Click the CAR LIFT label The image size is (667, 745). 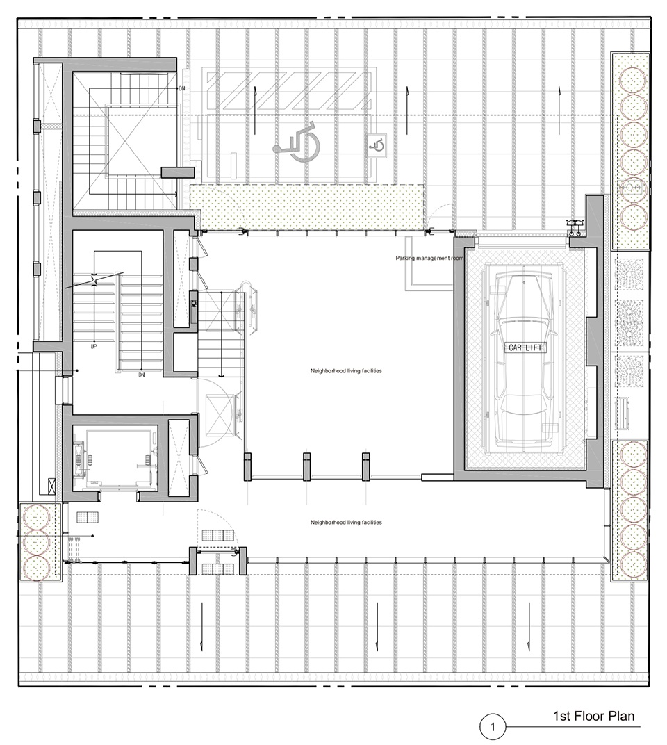(x=525, y=347)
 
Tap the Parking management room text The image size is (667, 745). (x=429, y=259)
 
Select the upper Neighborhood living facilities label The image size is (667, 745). (x=346, y=371)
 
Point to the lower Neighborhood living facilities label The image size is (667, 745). (x=346, y=523)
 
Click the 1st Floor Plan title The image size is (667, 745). (x=593, y=716)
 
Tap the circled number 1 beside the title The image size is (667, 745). (x=493, y=727)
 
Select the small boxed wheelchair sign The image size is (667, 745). (x=377, y=145)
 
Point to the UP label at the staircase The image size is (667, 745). (x=94, y=347)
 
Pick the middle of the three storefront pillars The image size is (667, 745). (x=307, y=466)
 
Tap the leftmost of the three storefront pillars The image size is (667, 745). (x=247, y=466)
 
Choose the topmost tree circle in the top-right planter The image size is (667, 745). (x=634, y=79)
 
